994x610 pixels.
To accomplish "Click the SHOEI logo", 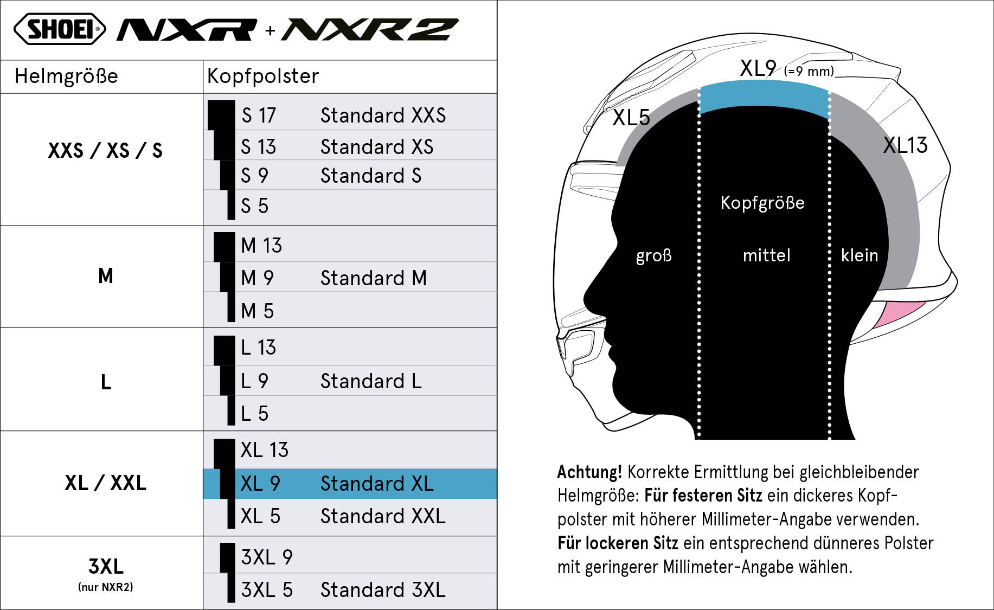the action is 60,29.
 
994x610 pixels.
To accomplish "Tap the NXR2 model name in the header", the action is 370,30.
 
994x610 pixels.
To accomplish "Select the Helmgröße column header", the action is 66,76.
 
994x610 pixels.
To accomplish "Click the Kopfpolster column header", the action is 263,76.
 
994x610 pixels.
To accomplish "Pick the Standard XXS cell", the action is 383,115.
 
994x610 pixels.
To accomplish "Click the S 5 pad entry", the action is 255,206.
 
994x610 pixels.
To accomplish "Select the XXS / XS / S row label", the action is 105,150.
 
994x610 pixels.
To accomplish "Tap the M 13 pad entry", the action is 261,246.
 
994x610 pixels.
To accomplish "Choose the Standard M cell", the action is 374,278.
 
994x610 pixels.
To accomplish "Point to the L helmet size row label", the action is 106,382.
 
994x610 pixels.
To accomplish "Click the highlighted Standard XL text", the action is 377,484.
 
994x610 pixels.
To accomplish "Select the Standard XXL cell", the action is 383,516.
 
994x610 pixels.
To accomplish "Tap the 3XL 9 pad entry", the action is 267,557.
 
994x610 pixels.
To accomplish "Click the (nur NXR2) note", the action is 106,587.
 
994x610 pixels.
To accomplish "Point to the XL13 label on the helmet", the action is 905,145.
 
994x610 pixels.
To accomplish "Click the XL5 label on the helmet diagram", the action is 631,118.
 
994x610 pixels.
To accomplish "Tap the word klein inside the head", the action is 860,255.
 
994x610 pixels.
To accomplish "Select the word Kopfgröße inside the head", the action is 762,203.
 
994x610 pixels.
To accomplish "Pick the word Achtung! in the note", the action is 589,472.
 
